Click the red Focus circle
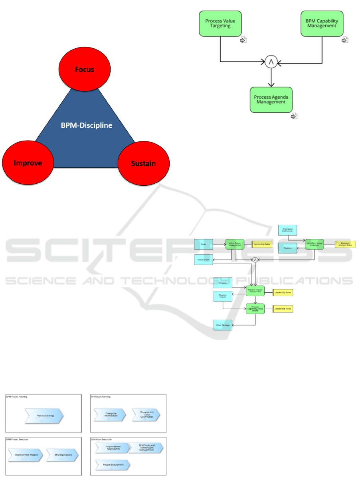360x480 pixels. pos(84,69)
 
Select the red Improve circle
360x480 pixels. pos(28,163)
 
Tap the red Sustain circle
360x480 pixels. pos(143,163)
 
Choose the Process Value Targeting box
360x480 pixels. pos(220,24)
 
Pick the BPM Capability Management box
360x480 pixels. pos(322,24)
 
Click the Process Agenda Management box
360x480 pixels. pos(271,99)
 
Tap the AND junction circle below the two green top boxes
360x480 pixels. pos(271,62)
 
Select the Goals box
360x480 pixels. pos(204,244)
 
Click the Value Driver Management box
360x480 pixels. pos(235,244)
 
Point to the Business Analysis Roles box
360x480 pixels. pos(345,244)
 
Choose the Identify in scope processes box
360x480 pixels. pos(315,244)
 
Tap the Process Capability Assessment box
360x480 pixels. pos(255,309)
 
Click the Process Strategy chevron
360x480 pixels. pos(44,416)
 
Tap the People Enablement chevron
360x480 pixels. pos(113,465)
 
